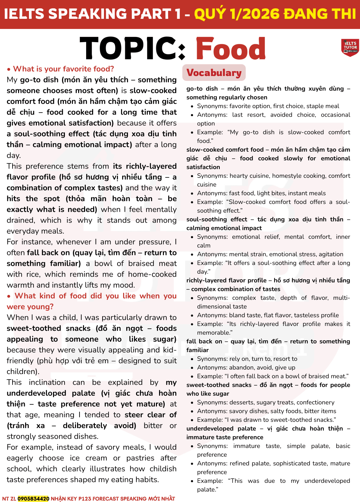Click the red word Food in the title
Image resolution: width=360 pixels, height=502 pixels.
tap(231, 49)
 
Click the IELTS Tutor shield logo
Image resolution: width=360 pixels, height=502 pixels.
tap(350, 47)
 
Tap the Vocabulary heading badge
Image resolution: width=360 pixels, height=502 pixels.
tap(214, 73)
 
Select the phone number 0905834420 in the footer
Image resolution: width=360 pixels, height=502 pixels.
tap(33, 499)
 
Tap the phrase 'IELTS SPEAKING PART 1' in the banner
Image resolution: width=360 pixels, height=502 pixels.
tap(92, 14)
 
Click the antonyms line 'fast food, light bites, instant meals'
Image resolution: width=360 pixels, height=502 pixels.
tap(261, 193)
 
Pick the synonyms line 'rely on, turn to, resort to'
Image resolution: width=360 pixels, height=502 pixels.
tap(247, 359)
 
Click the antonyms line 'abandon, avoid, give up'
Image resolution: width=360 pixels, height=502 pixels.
tap(246, 367)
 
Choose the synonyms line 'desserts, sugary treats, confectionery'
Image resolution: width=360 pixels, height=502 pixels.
tap(265, 402)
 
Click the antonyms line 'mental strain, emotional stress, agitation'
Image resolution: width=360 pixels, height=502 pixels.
tap(270, 254)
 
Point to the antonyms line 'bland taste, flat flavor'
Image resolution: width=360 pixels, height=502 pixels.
tap(268, 315)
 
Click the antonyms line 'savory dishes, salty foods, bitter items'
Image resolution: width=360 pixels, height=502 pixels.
tap(267, 411)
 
